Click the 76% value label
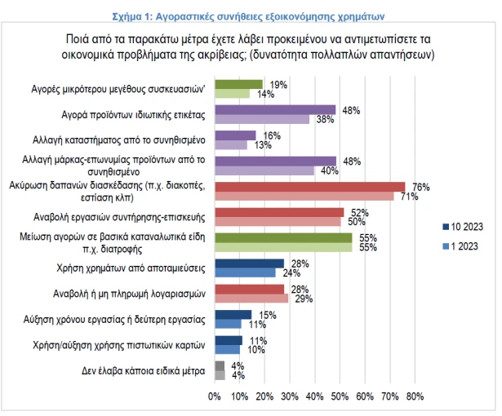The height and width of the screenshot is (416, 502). point(421,187)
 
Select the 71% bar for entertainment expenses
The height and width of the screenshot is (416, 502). point(304,196)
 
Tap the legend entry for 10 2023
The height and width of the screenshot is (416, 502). point(466,226)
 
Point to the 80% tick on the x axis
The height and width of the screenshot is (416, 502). point(415,397)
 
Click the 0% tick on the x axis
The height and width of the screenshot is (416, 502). point(215,397)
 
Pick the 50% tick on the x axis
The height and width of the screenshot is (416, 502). point(340,397)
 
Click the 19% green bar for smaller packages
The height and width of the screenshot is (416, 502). point(238,83)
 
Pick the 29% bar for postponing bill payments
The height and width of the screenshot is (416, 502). point(251,299)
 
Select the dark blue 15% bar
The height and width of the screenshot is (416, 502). point(233,315)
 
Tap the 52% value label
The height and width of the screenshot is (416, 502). point(358,212)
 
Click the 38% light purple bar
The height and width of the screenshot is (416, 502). point(262,119)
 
